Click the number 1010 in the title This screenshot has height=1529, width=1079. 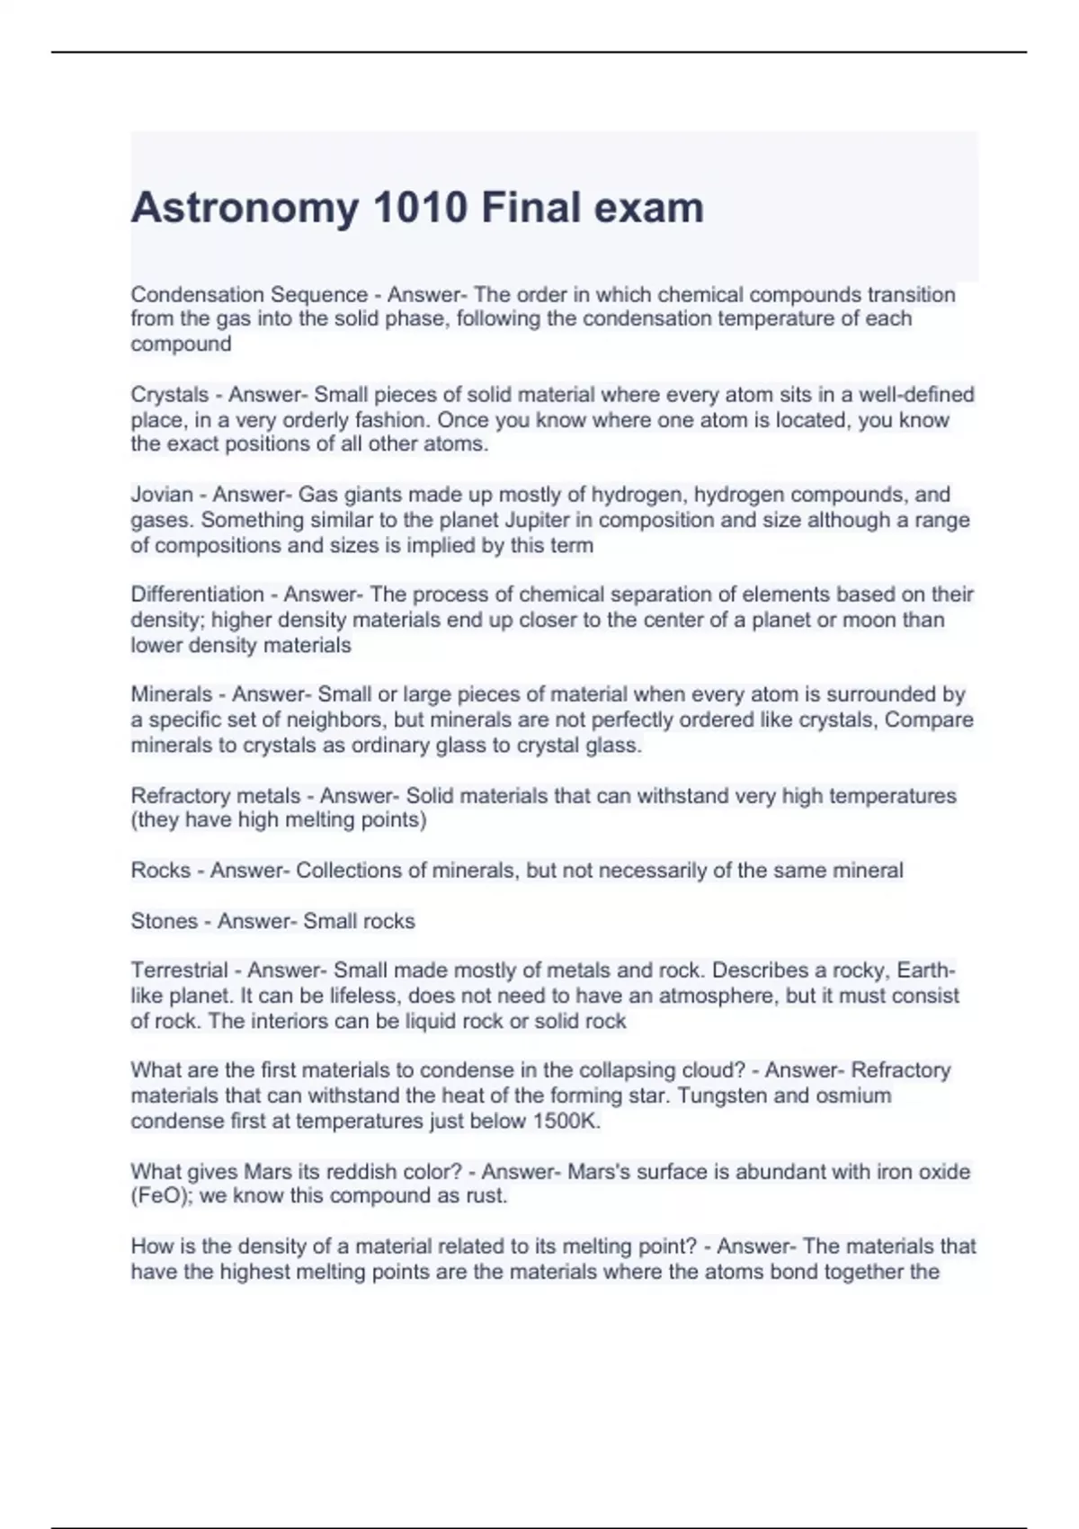[x=420, y=208]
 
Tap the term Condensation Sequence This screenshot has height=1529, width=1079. [x=249, y=295]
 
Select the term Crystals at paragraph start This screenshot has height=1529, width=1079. [x=169, y=395]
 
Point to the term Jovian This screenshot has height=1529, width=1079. [x=162, y=495]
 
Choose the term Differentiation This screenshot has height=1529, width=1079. [x=197, y=595]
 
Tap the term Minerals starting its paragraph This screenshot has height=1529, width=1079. [x=171, y=694]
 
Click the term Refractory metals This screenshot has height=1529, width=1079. [x=216, y=796]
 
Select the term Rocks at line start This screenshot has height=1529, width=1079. [x=160, y=871]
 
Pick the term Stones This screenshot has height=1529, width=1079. [x=164, y=921]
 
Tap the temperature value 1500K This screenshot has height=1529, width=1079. [x=566, y=1121]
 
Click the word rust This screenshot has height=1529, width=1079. [x=486, y=1196]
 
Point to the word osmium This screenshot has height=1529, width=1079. [x=853, y=1095]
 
